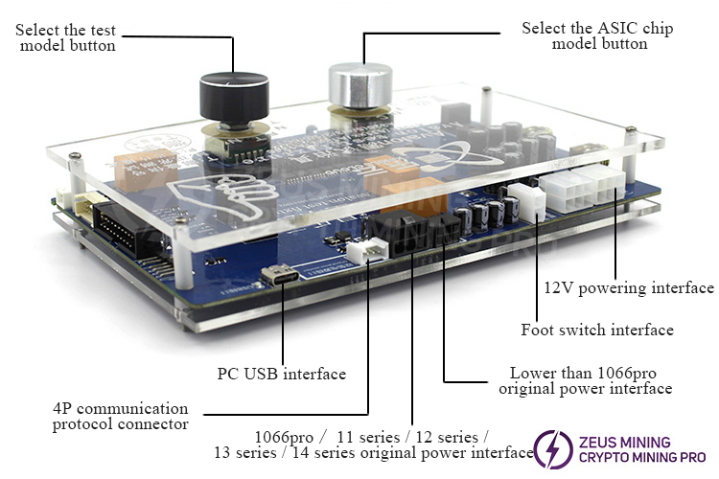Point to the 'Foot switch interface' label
pos(596,330)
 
